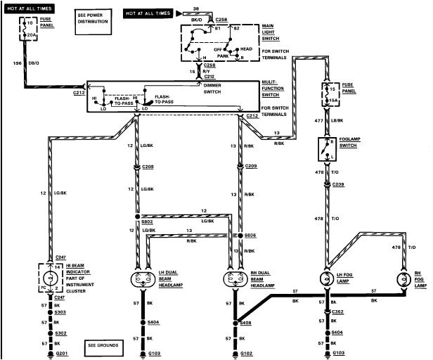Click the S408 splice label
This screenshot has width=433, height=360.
tap(246, 324)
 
